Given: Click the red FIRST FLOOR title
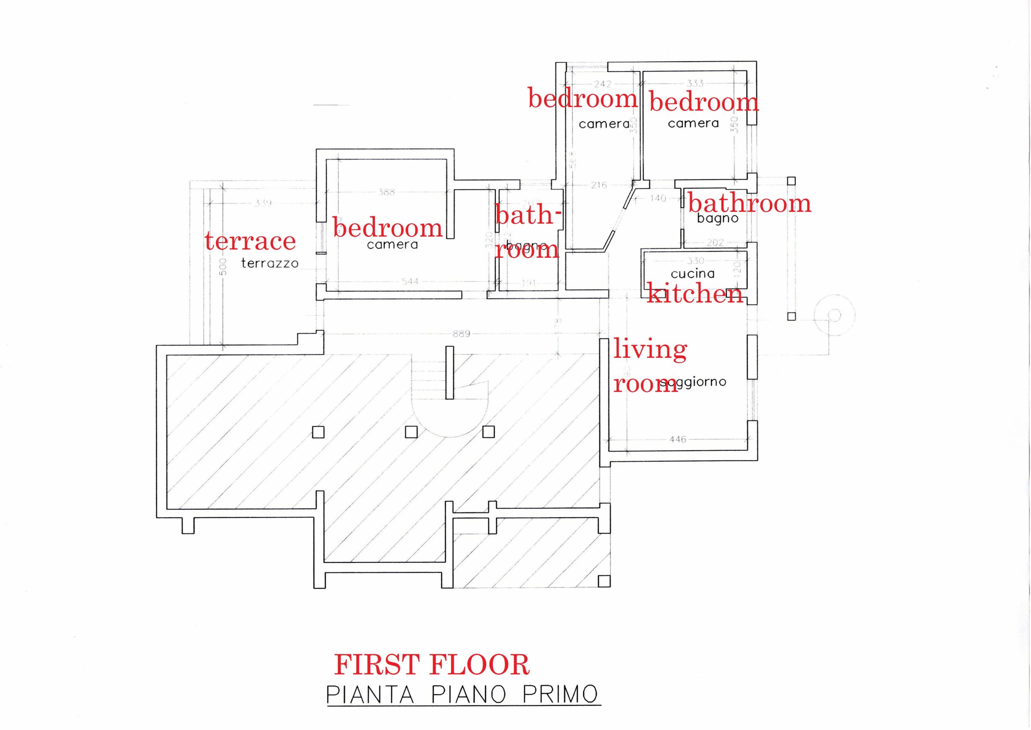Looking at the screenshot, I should click(x=432, y=665).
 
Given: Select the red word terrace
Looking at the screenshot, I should click(x=250, y=241).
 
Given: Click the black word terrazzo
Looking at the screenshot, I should click(x=269, y=263).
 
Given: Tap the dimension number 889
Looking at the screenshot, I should click(x=462, y=334).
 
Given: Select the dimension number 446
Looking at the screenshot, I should click(x=678, y=439).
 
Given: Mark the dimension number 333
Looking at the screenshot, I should click(x=695, y=83).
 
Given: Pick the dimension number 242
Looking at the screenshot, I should click(x=602, y=84).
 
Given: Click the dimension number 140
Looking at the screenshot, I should click(x=658, y=198).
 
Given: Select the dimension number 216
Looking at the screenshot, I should click(x=599, y=185).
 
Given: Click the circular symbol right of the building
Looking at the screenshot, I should click(x=834, y=315).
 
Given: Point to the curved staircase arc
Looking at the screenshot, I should click(x=449, y=427).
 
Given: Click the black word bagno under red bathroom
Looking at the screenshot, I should click(x=717, y=219).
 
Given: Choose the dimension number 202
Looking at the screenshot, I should click(x=715, y=243).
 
